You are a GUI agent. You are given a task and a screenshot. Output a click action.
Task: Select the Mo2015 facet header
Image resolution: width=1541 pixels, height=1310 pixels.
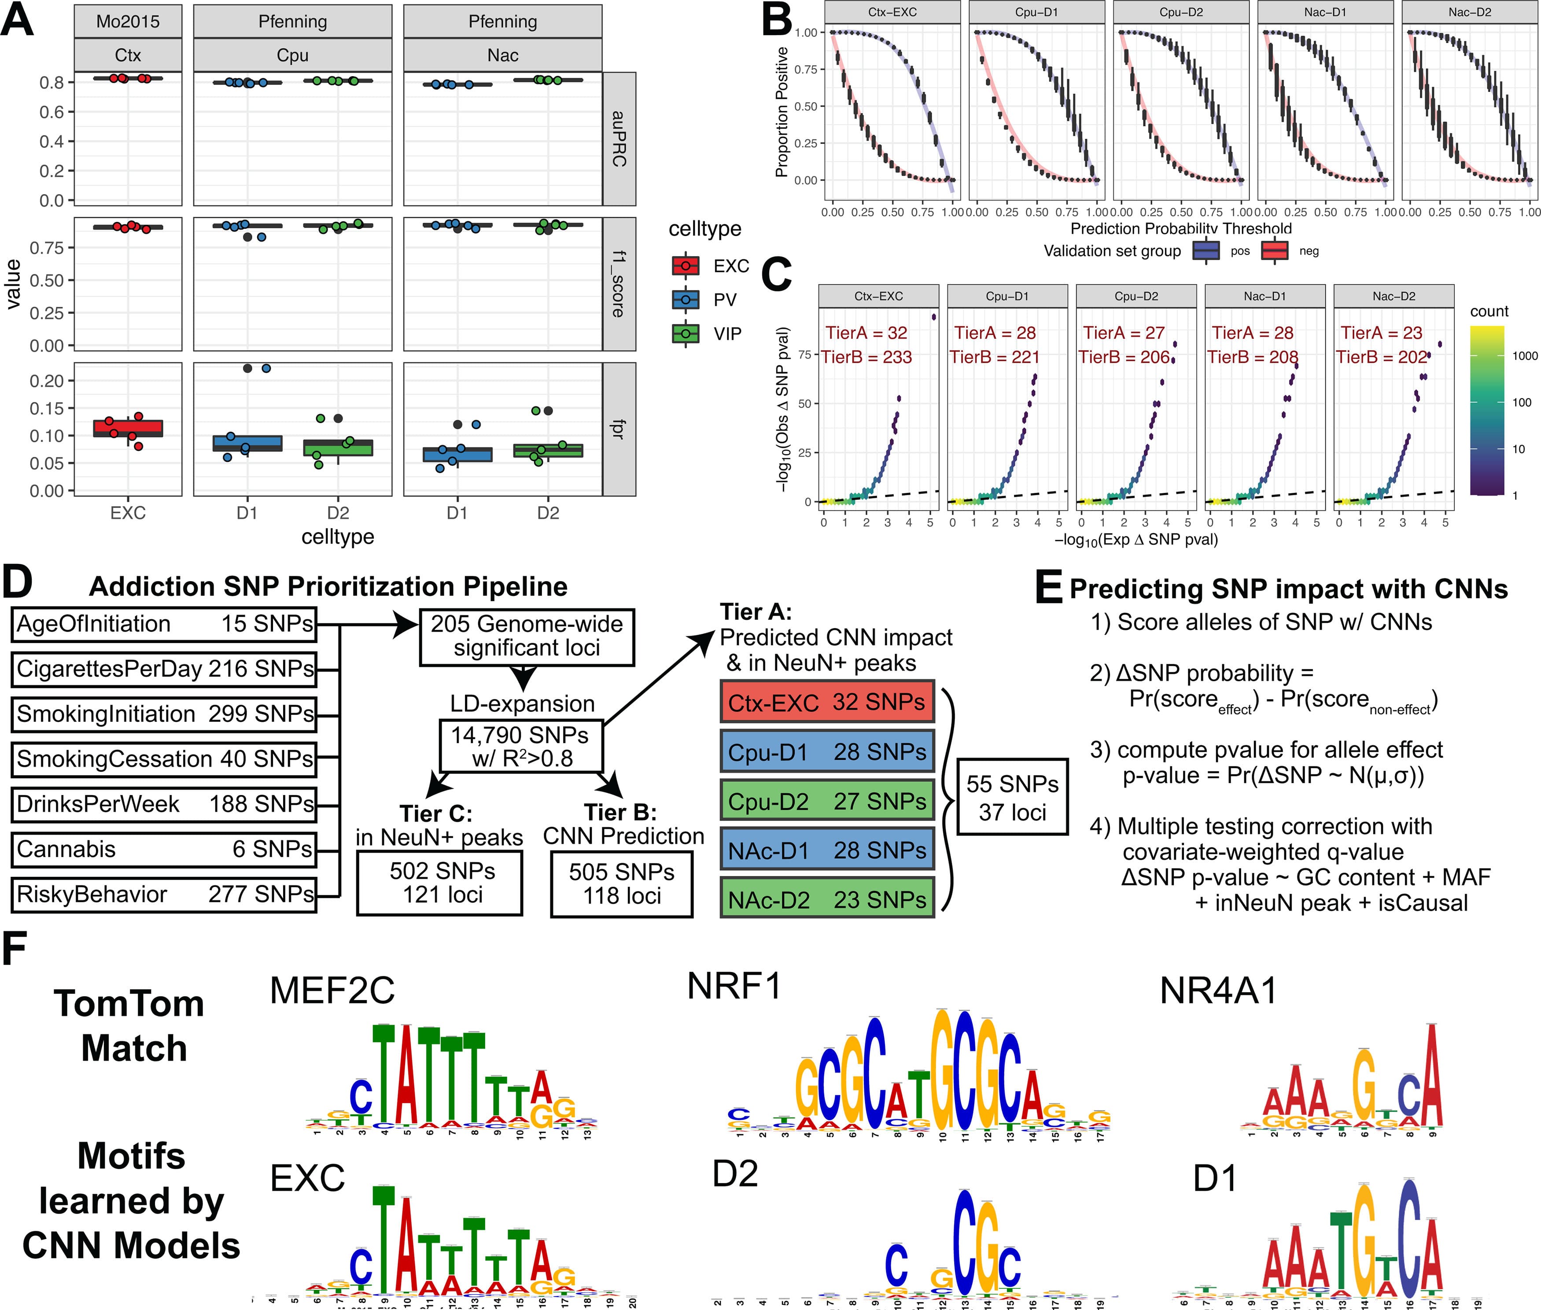128,21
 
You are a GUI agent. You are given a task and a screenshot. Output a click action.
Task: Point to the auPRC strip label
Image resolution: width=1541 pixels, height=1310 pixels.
619,139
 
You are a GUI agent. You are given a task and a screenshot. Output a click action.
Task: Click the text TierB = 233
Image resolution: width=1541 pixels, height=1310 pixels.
866,357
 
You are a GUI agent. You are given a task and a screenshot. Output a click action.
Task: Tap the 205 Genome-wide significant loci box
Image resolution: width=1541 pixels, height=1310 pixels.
527,637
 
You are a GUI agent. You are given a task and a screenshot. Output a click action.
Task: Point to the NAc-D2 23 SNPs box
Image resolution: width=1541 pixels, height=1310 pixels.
826,899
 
